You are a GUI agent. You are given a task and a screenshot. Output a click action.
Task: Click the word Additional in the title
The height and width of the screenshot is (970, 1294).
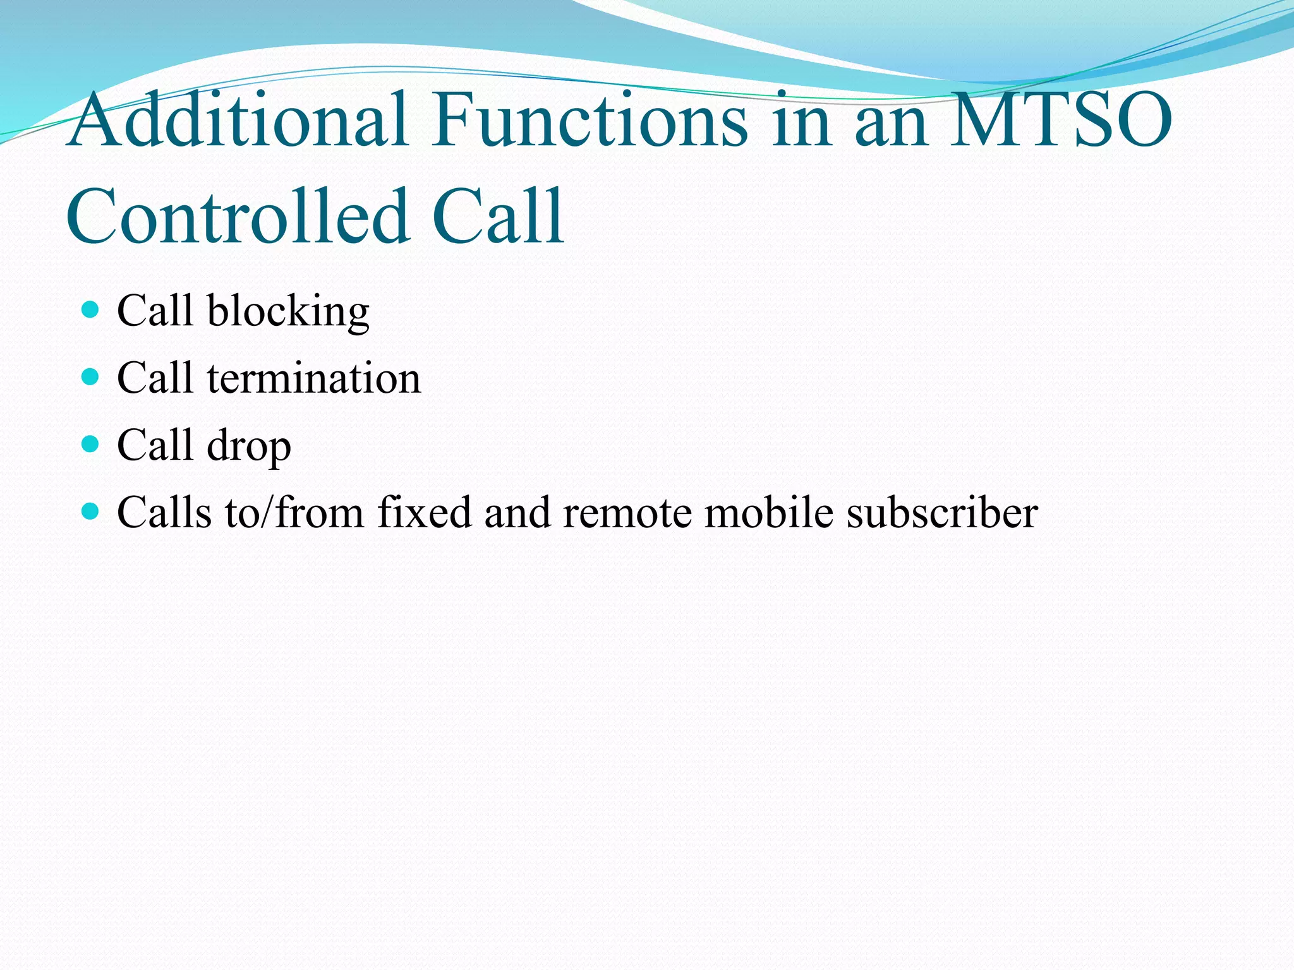click(238, 120)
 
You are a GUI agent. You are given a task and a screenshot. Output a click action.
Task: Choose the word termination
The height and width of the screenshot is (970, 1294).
click(313, 378)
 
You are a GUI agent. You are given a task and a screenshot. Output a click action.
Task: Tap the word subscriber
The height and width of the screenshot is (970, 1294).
click(942, 512)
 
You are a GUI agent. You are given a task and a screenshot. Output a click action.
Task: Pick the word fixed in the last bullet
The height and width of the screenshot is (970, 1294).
click(425, 512)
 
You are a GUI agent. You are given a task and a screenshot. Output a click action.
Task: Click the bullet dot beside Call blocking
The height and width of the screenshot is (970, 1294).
click(91, 309)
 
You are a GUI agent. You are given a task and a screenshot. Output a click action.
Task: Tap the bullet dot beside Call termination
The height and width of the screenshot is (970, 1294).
click(91, 377)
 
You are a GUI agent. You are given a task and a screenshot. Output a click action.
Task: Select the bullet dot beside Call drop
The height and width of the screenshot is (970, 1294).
click(91, 445)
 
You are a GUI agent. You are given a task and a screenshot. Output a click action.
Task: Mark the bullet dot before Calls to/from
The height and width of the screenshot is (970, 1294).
click(91, 511)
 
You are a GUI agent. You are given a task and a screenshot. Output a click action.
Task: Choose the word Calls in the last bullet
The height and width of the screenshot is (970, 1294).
click(164, 512)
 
